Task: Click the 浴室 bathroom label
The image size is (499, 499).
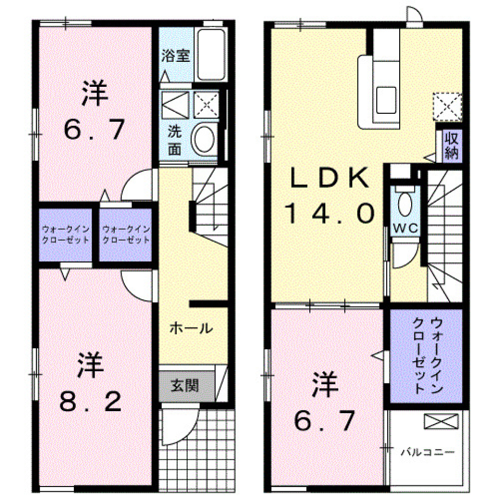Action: coord(175,56)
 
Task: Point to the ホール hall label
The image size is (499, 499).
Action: coord(191,328)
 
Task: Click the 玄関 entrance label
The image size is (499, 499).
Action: coord(185,386)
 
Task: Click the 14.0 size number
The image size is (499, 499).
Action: coord(329,213)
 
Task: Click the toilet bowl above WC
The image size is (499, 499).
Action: coord(404,204)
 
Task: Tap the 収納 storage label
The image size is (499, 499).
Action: coord(450,146)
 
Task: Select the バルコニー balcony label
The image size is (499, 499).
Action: coord(427,452)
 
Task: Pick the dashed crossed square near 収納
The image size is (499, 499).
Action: coord(448,106)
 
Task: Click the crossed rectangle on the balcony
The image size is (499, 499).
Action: coord(441,421)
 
